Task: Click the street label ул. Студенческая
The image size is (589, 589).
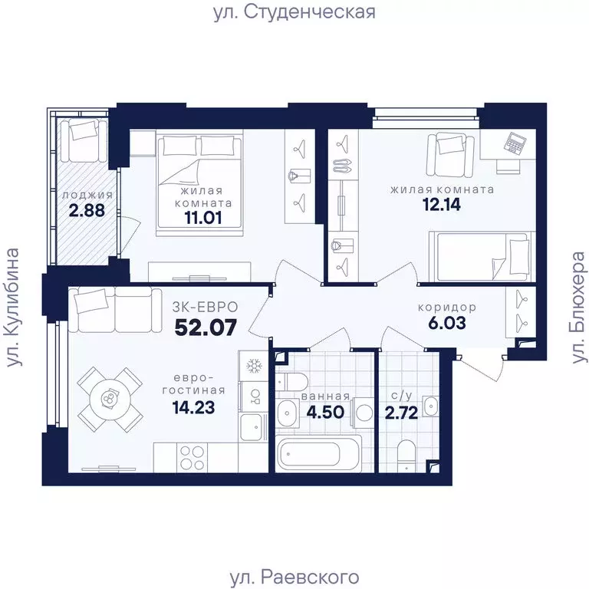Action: (294, 12)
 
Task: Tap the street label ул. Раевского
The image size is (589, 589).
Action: (294, 577)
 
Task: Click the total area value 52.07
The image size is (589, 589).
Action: (205, 327)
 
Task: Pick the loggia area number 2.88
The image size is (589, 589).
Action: (86, 209)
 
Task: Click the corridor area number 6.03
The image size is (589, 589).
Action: (446, 323)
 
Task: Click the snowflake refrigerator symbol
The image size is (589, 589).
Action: (251, 366)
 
